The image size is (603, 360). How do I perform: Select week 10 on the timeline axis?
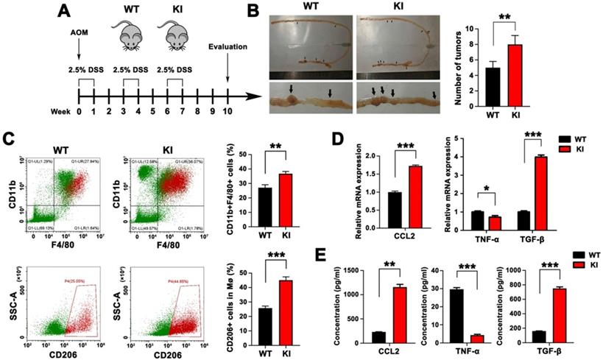(227, 112)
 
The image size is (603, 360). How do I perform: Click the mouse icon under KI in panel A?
(176, 35)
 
